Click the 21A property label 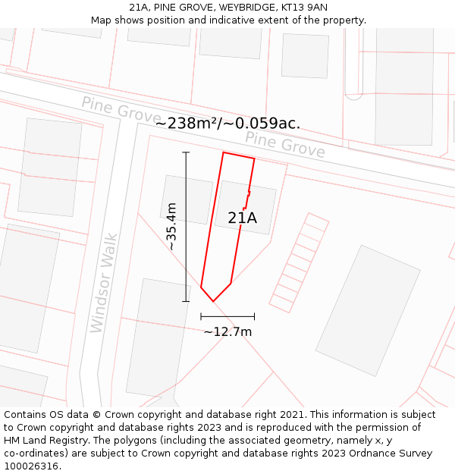[x=243, y=218]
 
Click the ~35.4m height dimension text [x=171, y=226]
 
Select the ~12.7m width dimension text [x=227, y=331]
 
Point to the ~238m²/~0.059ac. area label [x=227, y=124]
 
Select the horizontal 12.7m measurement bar [x=227, y=316]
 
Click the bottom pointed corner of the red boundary [x=213, y=301]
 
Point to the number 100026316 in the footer [x=31, y=466]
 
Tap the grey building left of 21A [x=187, y=199]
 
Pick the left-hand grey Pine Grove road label [x=121, y=111]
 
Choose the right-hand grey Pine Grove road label [x=285, y=144]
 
